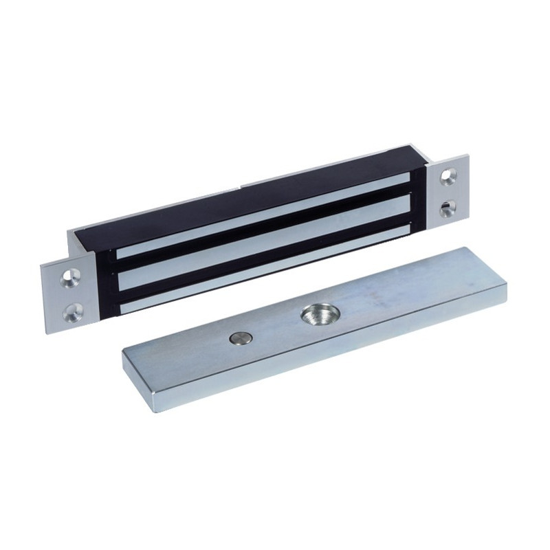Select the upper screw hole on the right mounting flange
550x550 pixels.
(x=449, y=177)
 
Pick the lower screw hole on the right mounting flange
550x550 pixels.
(x=448, y=207)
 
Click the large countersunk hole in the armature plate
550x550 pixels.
(x=320, y=316)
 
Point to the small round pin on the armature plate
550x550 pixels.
(x=240, y=338)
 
